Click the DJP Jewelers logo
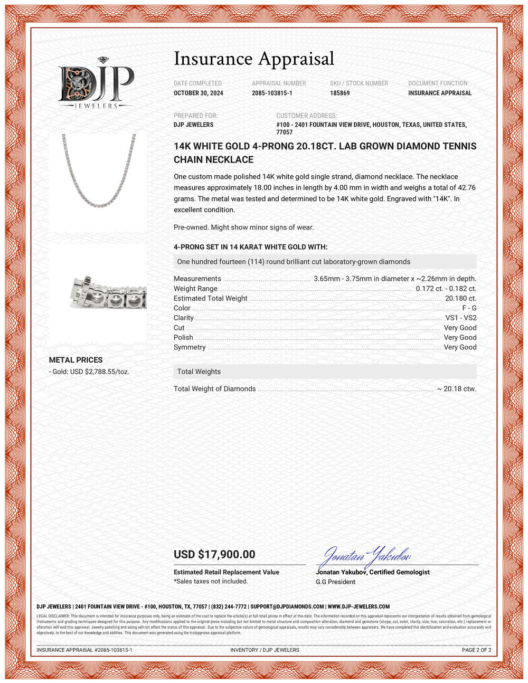pos(96,83)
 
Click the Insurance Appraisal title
pos(254,59)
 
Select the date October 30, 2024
pos(199,93)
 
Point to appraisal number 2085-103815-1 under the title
pos(272,93)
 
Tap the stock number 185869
pos(340,93)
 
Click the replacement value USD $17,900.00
pos(214,554)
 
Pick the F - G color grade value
pos(469,308)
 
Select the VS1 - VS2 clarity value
pos(460,318)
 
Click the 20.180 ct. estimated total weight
pos(460,298)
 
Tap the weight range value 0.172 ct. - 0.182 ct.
pos(446,289)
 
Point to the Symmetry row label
pos(190,347)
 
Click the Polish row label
pos(183,337)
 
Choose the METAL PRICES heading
pos(76,360)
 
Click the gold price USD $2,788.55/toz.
pos(89,372)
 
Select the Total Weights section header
pos(199,372)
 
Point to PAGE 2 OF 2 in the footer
pos(476,650)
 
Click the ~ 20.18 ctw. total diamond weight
pos(456,389)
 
